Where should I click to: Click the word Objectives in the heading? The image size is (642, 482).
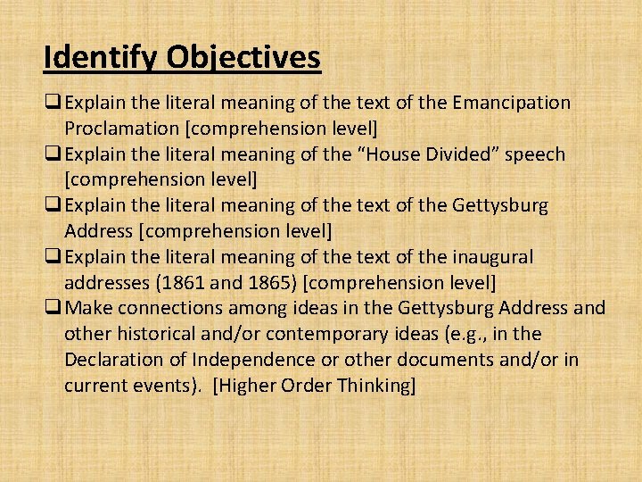242,58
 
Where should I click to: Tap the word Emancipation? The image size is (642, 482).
512,103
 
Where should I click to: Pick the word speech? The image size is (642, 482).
535,154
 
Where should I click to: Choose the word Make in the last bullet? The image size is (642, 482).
86,309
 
